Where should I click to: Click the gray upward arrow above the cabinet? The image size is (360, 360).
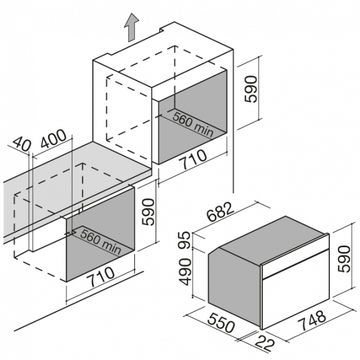tap(131, 28)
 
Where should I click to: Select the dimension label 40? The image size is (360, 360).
tap(21, 144)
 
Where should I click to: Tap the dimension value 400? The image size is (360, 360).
tap(53, 139)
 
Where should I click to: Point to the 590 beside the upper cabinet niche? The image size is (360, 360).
tap(250, 89)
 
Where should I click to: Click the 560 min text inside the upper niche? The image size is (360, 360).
tap(193, 124)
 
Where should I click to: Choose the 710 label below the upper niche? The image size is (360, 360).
tap(193, 159)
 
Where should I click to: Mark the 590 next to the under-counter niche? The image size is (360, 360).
tap(148, 212)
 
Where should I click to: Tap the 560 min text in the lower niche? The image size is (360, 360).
tap(101, 242)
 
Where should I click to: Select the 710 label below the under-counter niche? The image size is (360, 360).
tap(100, 277)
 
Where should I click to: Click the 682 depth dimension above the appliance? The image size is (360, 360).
tap(220, 211)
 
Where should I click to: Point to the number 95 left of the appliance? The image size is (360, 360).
tap(184, 240)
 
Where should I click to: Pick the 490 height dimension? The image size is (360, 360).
tap(185, 272)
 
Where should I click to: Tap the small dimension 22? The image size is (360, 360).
tap(265, 344)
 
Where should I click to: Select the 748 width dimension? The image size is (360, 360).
tap(311, 320)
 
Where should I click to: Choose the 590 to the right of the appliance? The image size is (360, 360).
tap(344, 259)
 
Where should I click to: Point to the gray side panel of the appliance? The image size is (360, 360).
tap(234, 286)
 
